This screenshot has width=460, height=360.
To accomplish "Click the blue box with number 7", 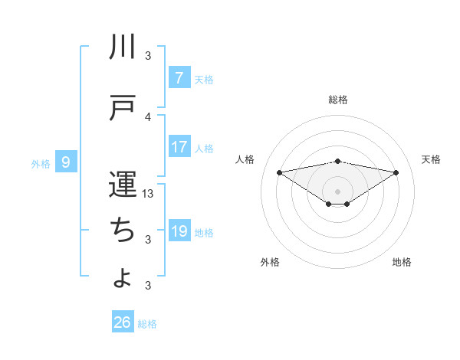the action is (x=179, y=78).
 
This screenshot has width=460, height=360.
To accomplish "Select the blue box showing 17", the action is (x=179, y=147).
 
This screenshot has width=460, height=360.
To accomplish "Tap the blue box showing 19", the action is (x=179, y=231).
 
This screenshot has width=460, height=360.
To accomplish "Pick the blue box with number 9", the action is (x=66, y=162).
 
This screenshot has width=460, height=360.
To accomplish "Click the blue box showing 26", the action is (x=123, y=322).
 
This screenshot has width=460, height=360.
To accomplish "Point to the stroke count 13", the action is (x=149, y=194).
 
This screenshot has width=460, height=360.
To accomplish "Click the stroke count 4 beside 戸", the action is (x=149, y=116).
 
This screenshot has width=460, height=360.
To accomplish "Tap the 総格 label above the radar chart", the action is (x=338, y=100).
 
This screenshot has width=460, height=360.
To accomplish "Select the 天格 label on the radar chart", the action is (x=431, y=159).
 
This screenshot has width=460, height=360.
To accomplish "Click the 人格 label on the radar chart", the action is (x=245, y=159).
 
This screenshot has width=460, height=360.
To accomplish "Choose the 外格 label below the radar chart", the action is (x=270, y=262).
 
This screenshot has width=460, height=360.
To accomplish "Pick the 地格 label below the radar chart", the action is (x=402, y=262).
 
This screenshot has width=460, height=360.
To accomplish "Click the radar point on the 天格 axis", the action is (x=396, y=172).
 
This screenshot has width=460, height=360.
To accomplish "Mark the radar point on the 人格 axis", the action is (x=279, y=172).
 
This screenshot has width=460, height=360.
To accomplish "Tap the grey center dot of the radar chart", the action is (x=338, y=191).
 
